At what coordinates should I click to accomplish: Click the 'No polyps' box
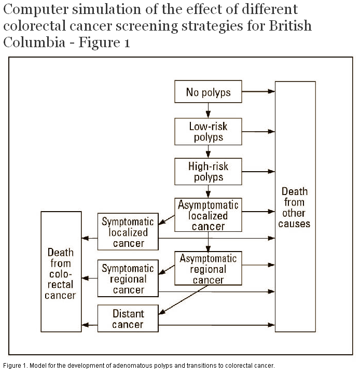click(x=208, y=92)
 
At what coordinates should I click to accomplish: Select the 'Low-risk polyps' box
click(x=208, y=131)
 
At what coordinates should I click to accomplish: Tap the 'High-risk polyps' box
click(x=208, y=171)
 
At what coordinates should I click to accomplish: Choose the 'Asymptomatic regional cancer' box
click(x=208, y=269)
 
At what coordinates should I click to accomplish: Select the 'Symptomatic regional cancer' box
click(x=128, y=279)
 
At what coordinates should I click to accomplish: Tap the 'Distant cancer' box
click(x=128, y=319)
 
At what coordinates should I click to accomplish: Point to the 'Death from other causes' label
click(x=294, y=207)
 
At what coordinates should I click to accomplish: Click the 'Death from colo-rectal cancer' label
click(x=61, y=273)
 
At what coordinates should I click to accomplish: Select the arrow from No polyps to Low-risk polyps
click(x=208, y=110)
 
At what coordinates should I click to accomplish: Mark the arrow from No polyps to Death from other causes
click(x=258, y=92)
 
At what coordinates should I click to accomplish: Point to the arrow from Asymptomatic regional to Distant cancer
click(x=182, y=298)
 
